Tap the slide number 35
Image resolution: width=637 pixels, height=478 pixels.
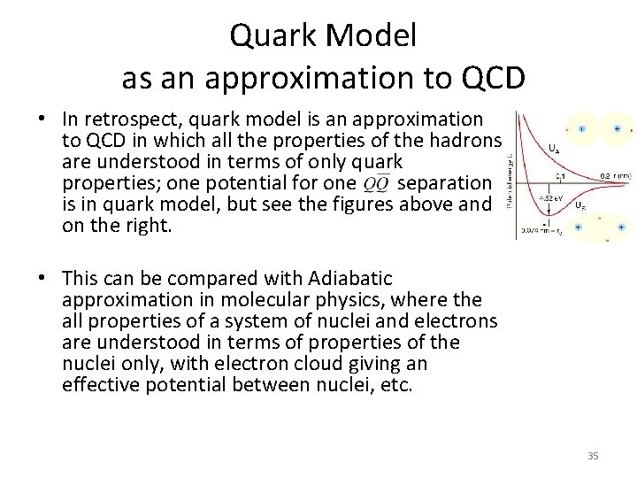[593, 455]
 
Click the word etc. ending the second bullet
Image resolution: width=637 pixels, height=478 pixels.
[395, 385]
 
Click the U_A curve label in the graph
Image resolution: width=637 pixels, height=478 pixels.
[554, 148]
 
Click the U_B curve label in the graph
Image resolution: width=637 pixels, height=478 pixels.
[579, 205]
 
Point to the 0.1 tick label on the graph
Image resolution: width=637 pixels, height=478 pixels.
[560, 176]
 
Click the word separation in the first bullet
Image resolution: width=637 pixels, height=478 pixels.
[445, 183]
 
